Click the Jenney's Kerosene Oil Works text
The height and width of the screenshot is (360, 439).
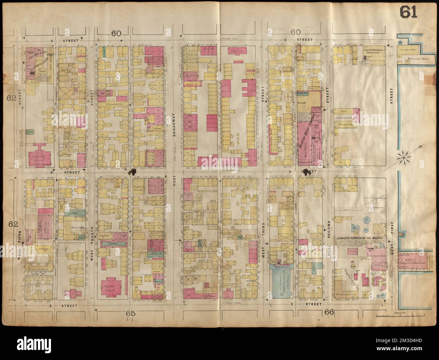coord(360,239)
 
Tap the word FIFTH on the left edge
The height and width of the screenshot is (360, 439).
coord(19,236)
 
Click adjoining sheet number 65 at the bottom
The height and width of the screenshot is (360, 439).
coord(131,313)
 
